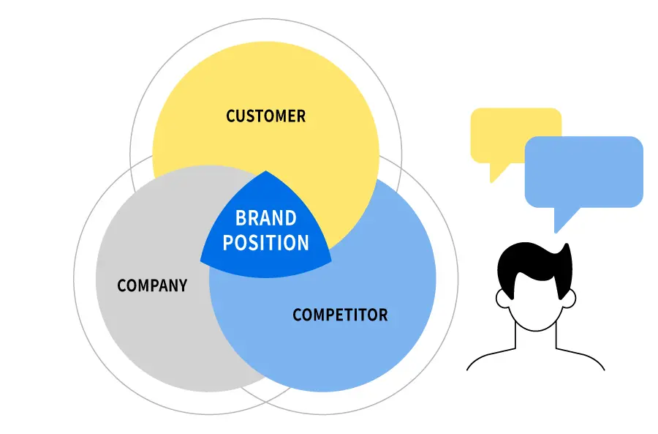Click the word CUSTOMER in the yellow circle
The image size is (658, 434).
click(x=265, y=116)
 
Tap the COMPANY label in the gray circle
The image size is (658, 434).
click(x=152, y=285)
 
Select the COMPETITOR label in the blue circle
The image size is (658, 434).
click(x=340, y=315)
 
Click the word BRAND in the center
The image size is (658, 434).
click(x=265, y=218)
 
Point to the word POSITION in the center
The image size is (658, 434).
click(x=265, y=242)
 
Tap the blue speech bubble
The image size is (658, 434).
click(x=583, y=171)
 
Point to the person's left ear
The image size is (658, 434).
click(x=502, y=298)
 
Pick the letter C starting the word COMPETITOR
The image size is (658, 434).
click(x=298, y=315)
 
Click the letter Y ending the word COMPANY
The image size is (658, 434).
click(x=183, y=285)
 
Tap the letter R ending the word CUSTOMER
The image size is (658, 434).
click(x=301, y=116)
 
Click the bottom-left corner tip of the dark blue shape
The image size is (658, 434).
click(x=202, y=260)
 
